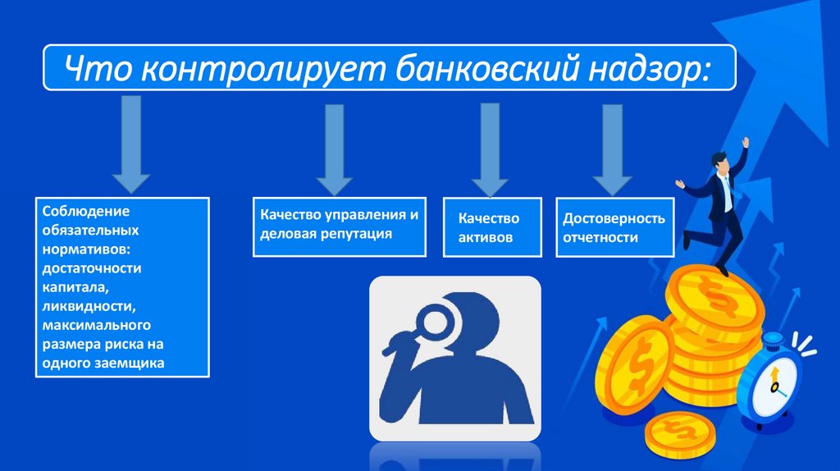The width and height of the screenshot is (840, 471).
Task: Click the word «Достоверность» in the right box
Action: tap(614, 219)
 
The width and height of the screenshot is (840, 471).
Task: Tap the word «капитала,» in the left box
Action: tap(77, 286)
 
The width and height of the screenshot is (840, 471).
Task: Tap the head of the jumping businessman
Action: tap(719, 162)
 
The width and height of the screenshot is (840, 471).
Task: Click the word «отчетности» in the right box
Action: tap(600, 238)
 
